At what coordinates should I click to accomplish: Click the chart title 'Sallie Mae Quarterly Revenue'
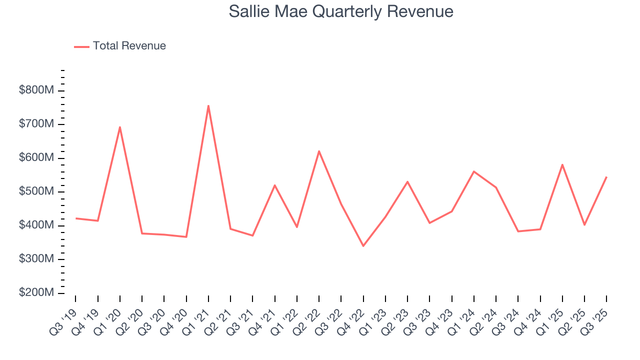(341, 11)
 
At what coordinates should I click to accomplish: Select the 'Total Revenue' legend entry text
(129, 46)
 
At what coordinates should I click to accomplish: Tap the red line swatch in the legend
(81, 46)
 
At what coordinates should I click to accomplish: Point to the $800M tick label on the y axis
(36, 90)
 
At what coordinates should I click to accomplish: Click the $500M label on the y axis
(36, 191)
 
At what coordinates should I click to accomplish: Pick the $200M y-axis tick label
(36, 292)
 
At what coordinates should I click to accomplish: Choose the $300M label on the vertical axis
(36, 259)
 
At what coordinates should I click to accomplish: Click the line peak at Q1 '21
(208, 105)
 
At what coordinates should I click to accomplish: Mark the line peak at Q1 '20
(120, 127)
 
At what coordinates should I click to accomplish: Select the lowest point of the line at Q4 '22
(363, 246)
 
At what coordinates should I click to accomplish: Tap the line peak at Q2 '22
(318, 151)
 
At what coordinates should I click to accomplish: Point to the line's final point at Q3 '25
(606, 177)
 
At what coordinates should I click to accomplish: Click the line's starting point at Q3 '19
(76, 218)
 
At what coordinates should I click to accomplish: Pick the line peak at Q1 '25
(562, 164)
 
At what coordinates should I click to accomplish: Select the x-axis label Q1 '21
(197, 320)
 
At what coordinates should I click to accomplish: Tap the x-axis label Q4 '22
(352, 320)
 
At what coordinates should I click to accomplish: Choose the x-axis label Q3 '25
(595, 320)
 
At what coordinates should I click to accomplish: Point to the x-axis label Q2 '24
(485, 320)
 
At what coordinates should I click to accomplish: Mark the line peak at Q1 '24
(473, 171)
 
